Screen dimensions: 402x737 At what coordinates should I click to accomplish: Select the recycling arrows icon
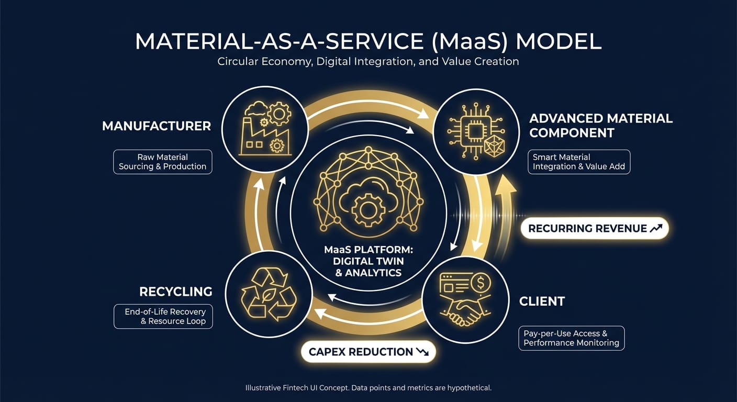(x=268, y=295)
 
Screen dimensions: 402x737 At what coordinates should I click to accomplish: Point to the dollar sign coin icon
(x=479, y=284)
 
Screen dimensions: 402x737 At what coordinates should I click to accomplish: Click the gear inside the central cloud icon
(x=368, y=210)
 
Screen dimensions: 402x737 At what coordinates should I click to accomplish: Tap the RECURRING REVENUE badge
(x=595, y=229)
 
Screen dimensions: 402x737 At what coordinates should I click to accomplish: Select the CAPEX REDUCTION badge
(x=368, y=352)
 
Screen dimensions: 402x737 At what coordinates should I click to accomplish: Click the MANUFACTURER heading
(x=157, y=126)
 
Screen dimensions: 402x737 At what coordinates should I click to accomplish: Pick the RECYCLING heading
(x=175, y=292)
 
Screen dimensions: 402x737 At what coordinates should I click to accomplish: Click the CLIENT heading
(x=542, y=301)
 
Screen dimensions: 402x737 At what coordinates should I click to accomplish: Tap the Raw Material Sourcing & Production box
(x=162, y=162)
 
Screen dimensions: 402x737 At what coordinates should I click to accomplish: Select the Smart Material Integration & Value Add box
(x=578, y=162)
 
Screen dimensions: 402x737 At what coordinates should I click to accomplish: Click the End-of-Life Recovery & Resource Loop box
(x=163, y=316)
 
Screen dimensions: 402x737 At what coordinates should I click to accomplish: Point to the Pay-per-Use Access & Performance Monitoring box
(x=571, y=338)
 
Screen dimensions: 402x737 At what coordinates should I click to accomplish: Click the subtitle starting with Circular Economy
(x=368, y=61)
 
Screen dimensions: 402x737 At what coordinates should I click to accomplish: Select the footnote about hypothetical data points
(x=368, y=388)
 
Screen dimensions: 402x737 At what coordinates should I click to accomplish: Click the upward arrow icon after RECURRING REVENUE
(x=656, y=228)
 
